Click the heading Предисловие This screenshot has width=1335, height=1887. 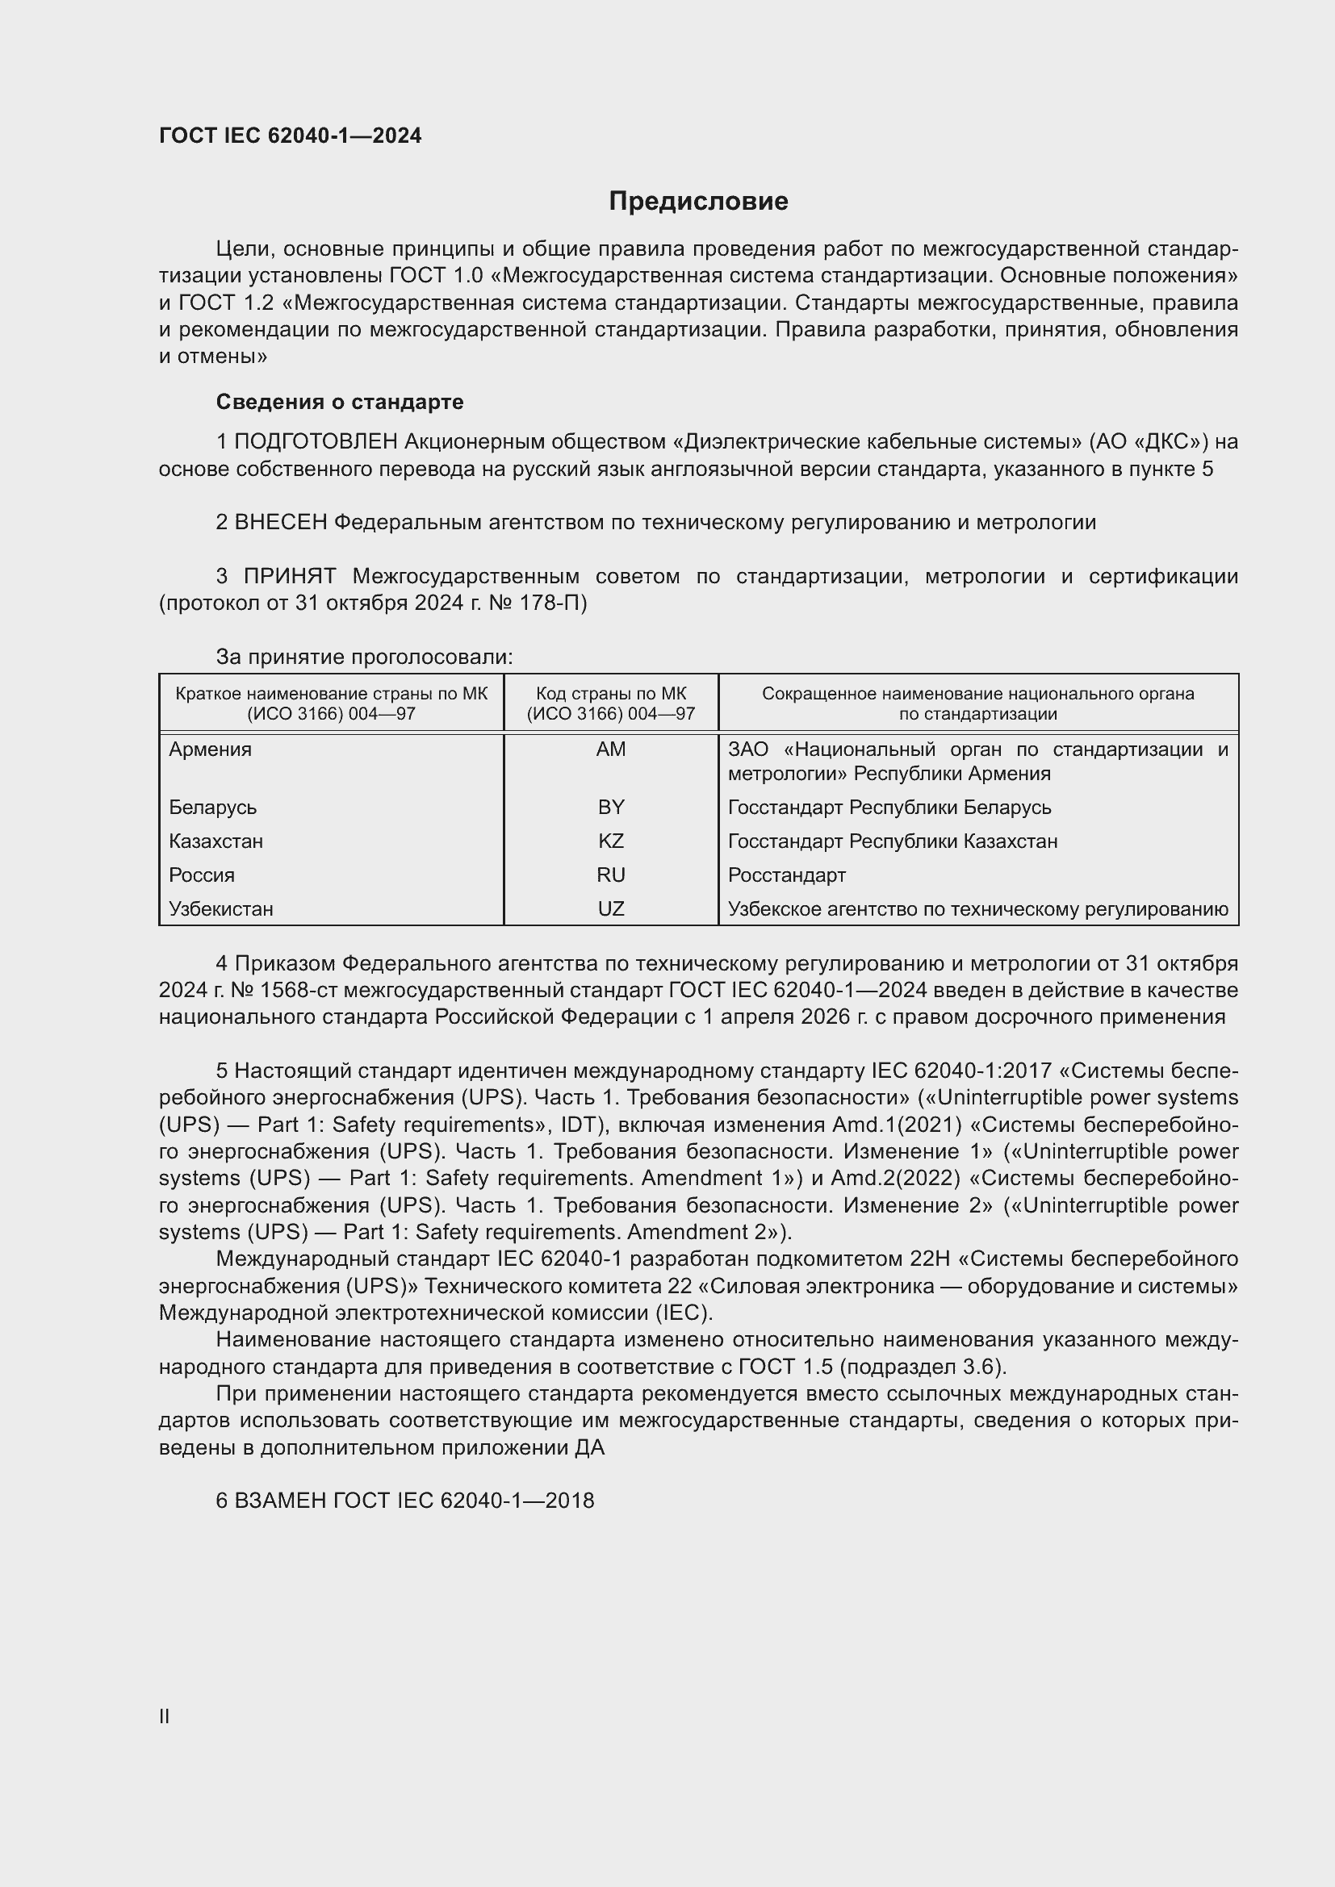(x=698, y=202)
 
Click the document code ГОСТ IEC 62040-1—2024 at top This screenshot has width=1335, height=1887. (x=291, y=136)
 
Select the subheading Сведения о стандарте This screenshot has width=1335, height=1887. (x=340, y=402)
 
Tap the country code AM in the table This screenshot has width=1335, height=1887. (x=611, y=749)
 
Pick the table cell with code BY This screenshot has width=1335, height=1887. (x=611, y=808)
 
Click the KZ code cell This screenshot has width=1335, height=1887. (x=611, y=841)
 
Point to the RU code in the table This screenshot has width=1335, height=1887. (x=611, y=875)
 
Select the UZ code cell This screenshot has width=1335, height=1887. (x=611, y=909)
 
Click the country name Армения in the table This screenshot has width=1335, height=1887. (x=211, y=749)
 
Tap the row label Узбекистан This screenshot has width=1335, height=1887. (x=221, y=909)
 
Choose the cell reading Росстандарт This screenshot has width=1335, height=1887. (x=787, y=875)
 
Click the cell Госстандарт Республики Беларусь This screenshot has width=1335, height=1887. (x=889, y=808)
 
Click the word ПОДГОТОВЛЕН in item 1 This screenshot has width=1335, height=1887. (x=316, y=442)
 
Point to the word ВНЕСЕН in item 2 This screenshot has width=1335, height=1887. (x=281, y=523)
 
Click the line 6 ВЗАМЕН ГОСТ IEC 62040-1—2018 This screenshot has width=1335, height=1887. (x=405, y=1501)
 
